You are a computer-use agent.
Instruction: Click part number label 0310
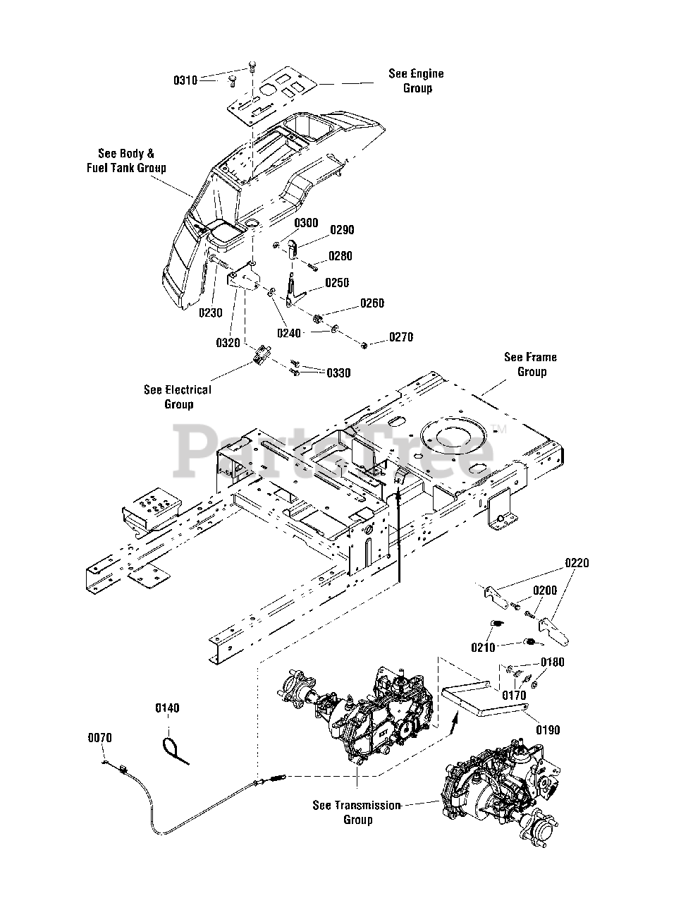185,80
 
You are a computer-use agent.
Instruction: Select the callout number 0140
167,708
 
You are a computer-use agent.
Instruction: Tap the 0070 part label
99,738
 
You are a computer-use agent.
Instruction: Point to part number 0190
548,730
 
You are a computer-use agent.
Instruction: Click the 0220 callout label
577,563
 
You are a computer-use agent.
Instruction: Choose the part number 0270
401,337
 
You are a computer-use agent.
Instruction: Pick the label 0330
338,372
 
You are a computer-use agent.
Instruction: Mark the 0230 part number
210,313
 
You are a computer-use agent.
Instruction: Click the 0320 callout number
228,342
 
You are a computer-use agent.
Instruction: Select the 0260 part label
372,303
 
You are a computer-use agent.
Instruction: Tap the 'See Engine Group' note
416,80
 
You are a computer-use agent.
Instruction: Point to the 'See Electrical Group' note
178,396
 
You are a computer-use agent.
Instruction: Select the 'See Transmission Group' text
357,812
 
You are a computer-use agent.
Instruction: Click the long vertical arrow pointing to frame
399,536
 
